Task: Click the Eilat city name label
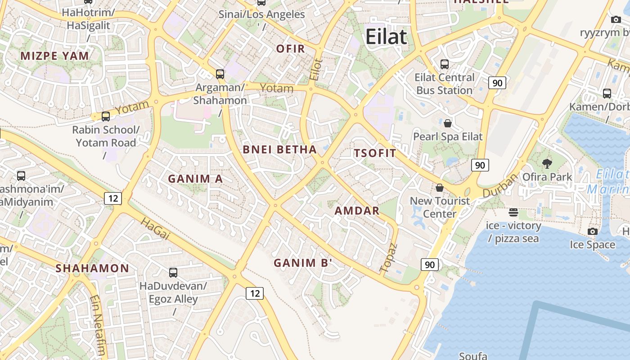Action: coord(386,36)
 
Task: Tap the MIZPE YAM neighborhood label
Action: coord(55,56)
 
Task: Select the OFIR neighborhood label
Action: coord(291,49)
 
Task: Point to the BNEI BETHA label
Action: coord(279,150)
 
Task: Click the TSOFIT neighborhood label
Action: coord(375,153)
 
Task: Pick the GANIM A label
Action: coord(195,179)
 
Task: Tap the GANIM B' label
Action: coord(303,263)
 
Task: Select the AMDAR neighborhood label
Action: coord(357,211)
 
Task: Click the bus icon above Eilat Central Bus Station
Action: coord(445,64)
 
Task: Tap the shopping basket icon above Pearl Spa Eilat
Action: coord(448,123)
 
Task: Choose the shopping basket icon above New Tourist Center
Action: coord(440,188)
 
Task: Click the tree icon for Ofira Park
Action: coord(547,163)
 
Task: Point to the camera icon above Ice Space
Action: coord(593,231)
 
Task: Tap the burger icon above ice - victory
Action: coord(513,212)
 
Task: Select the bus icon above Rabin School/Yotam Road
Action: coord(106,117)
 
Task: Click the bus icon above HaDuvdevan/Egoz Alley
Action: coord(173,272)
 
